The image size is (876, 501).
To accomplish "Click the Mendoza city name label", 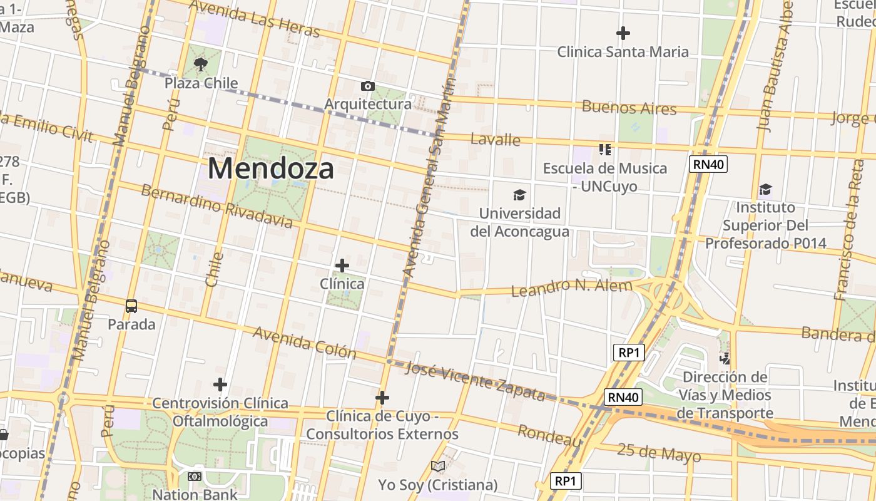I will (x=270, y=168).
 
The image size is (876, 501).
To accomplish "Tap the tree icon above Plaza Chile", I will (x=201, y=65).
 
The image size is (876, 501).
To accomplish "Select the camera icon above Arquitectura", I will (x=368, y=86).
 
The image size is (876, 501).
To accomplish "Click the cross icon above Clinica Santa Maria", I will (x=623, y=33).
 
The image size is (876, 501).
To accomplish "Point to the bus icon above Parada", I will (x=131, y=306).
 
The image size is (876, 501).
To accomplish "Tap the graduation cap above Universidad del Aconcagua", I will (x=519, y=195).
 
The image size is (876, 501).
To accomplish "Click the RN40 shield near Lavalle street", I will (x=708, y=165).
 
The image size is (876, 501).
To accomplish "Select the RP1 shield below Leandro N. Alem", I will (x=628, y=353).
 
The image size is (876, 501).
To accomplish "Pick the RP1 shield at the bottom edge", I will (x=566, y=481).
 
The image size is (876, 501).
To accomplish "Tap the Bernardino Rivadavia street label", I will (x=216, y=206).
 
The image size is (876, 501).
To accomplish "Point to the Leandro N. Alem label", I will (x=572, y=287).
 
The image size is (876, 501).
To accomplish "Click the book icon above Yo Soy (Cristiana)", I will (x=438, y=467).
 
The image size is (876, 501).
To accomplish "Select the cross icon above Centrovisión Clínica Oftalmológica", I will (x=220, y=384).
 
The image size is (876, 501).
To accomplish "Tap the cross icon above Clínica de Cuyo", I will (x=382, y=398).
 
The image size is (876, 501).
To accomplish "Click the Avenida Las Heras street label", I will (x=253, y=18).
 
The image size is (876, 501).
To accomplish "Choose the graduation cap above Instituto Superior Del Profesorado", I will (x=765, y=189).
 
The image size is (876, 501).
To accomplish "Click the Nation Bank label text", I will (x=195, y=494).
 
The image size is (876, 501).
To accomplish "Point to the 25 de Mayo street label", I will (x=659, y=452).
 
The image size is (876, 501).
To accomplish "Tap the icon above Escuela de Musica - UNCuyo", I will (x=604, y=150).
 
